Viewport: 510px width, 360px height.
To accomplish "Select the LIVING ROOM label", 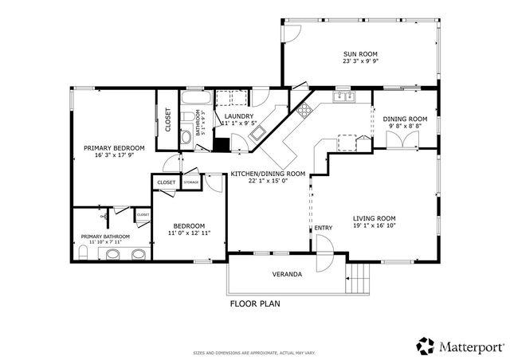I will coord(374,217).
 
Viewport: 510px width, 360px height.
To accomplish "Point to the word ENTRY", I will coord(323,229).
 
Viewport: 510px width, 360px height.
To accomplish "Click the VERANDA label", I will coord(288,275).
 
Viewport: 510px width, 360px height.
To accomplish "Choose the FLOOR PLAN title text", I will coord(254,303).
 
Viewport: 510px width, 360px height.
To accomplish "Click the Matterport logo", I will coord(460,346).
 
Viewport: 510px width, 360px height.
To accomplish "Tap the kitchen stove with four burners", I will coord(304,112).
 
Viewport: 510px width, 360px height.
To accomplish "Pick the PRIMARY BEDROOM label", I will coord(115,148).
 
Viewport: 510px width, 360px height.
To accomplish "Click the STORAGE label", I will coord(191,182).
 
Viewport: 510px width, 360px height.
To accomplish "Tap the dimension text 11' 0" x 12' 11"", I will coord(189,233).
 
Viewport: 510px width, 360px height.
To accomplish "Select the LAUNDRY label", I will coord(238,115).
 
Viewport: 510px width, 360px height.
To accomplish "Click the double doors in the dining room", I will coord(401,140).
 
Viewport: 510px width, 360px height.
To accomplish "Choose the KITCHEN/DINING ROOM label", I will coord(268,173).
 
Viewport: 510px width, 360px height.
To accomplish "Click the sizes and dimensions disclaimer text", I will coord(254,352).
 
